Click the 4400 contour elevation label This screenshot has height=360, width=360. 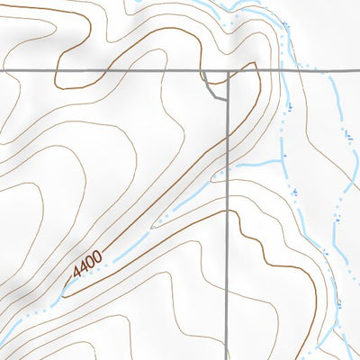88,265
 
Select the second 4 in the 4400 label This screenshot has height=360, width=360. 85,268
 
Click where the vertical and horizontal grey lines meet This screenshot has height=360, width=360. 228,70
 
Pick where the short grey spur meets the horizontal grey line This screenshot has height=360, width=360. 204,70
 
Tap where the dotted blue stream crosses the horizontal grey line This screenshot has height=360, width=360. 297,70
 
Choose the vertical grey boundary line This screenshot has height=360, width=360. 228,270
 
